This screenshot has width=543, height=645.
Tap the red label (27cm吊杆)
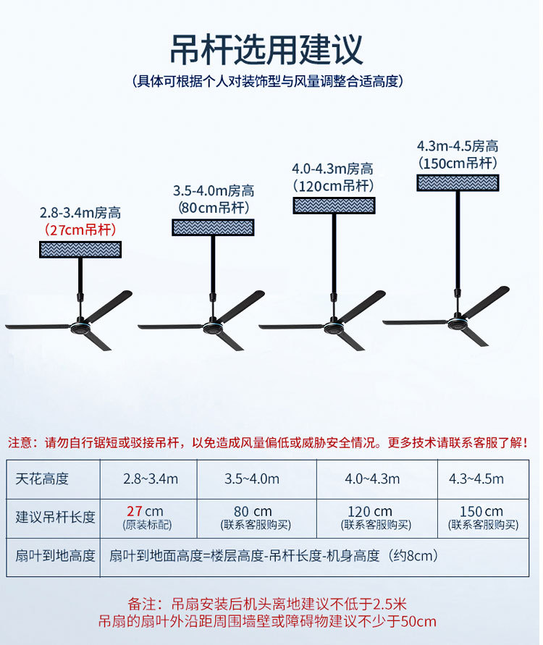(80, 230)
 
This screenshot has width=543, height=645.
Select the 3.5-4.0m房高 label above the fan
(214, 191)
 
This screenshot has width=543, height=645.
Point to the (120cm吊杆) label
(333, 186)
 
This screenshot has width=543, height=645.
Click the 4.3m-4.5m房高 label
(458, 146)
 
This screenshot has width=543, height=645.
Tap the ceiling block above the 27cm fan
(80, 250)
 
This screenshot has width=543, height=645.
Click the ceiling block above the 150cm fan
(458, 182)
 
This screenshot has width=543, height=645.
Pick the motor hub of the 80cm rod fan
(213, 327)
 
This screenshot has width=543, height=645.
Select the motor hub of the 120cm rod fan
(334, 327)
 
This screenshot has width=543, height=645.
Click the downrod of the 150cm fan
(458, 239)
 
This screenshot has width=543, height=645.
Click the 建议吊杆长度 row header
(55, 517)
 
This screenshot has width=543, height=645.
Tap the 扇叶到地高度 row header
(55, 556)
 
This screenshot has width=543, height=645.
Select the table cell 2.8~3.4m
(150, 479)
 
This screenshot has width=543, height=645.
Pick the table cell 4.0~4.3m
(371, 479)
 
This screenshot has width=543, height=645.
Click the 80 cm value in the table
(253, 512)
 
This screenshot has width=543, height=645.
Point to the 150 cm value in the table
(481, 512)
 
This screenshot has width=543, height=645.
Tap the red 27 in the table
(134, 512)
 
